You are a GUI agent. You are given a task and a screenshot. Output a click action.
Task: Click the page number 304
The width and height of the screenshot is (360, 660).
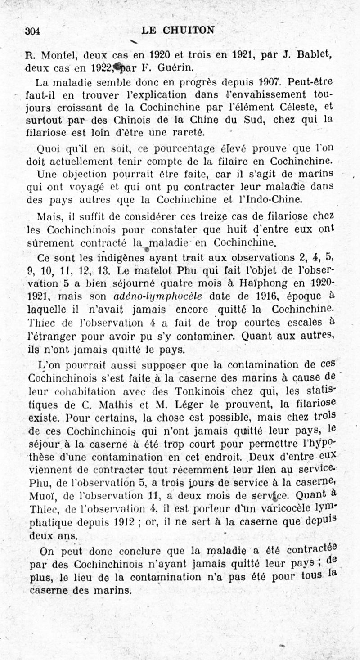pyautogui.click(x=32, y=31)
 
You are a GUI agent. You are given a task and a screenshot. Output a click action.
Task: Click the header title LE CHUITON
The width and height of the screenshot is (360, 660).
pyautogui.click(x=178, y=30)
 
